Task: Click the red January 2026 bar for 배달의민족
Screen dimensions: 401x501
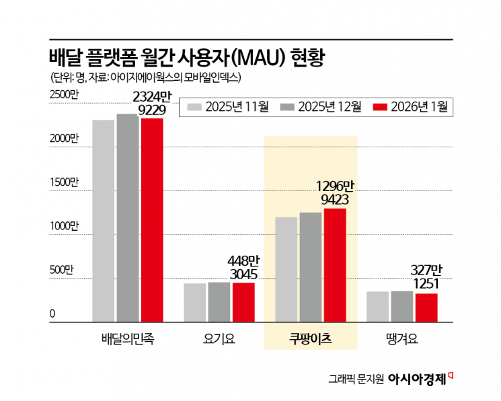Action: coord(151,220)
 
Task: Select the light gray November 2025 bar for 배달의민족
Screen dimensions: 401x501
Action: coord(104,221)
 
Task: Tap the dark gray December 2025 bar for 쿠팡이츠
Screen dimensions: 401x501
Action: coord(311,267)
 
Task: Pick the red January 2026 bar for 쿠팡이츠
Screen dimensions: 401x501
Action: coord(335,265)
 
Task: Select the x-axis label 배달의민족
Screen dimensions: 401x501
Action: coord(127,339)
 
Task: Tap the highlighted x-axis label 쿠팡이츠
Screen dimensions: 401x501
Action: coord(310,339)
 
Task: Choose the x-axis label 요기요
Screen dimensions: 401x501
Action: coord(219,339)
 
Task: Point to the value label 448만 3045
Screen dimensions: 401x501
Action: coord(243,267)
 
